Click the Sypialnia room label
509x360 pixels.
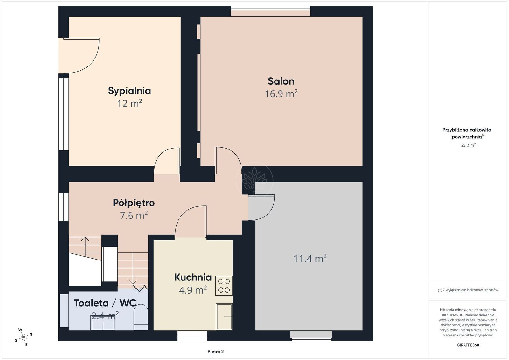tap(129, 91)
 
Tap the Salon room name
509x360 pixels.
tap(281, 81)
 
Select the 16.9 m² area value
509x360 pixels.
tap(281, 93)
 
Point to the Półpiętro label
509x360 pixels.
tap(134, 203)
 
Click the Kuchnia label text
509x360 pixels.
tap(193, 277)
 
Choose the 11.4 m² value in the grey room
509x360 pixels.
tap(310, 258)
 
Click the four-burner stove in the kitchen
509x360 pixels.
tap(224, 286)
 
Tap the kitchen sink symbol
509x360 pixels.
tap(224, 317)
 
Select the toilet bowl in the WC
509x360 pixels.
tap(141, 317)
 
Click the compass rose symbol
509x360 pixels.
tap(24, 337)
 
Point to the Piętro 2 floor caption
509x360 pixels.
tap(216, 352)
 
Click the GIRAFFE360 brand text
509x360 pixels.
tap(468, 345)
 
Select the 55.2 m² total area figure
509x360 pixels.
tap(468, 145)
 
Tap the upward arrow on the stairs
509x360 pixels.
tap(85, 247)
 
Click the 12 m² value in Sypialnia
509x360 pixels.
tap(129, 103)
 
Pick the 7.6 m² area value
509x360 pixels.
tap(134, 215)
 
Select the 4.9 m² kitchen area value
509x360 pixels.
tap(193, 290)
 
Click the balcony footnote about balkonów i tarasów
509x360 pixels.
tap(468, 290)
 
